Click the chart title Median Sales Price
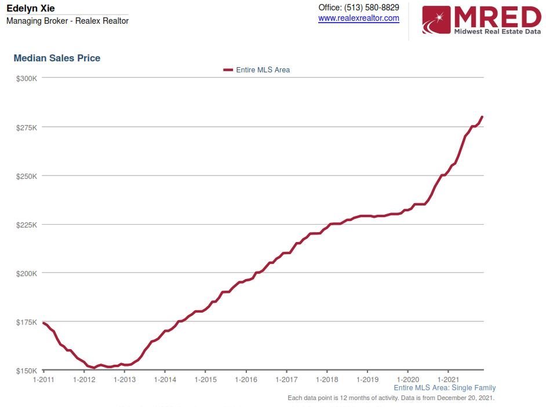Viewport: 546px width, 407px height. click(57, 58)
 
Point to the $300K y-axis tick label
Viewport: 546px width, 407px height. click(27, 78)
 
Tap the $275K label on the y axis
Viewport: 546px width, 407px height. click(27, 127)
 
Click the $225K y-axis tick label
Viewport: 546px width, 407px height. click(27, 225)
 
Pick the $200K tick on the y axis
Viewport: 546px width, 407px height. click(27, 273)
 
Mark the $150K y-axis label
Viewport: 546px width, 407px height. click(27, 371)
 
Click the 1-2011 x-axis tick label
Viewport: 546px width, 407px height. click(43, 380)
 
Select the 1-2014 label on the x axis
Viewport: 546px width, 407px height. click(165, 380)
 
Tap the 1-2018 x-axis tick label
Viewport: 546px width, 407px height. click(327, 380)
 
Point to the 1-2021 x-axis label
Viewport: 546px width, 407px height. click(448, 380)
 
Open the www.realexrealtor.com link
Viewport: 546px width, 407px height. click(359, 19)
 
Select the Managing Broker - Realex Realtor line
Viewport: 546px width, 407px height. click(67, 21)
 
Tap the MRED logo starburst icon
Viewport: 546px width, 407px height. click(436, 20)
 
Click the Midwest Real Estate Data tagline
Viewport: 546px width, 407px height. click(497, 31)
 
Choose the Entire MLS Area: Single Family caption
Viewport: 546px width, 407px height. click(445, 388)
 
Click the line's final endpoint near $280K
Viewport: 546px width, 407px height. click(482, 117)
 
